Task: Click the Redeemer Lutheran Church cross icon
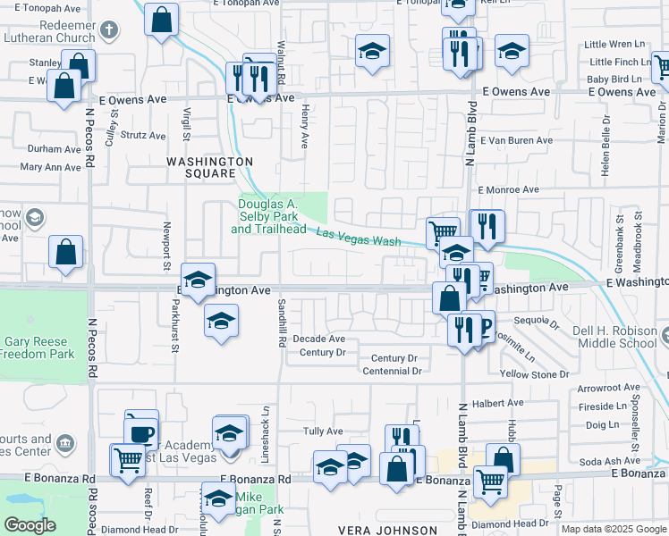[x=109, y=30]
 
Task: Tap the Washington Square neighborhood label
[x=210, y=167]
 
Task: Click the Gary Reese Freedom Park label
[x=38, y=348]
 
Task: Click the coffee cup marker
[x=140, y=433]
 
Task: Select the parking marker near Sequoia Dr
[x=482, y=327]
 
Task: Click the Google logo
[x=30, y=524]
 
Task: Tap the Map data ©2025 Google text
[x=613, y=529]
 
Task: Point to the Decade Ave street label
[x=319, y=339]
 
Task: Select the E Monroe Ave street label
[x=508, y=190]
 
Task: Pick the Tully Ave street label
[x=323, y=431]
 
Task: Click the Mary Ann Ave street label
[x=50, y=167]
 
